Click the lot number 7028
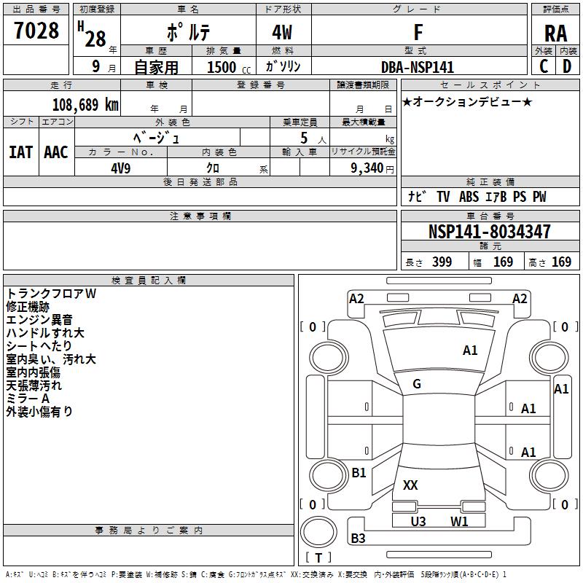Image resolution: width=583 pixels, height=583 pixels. click(x=36, y=30)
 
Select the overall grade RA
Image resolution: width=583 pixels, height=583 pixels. click(x=555, y=34)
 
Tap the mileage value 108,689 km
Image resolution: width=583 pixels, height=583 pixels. click(x=85, y=105)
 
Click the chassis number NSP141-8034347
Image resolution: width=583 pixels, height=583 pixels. click(x=489, y=231)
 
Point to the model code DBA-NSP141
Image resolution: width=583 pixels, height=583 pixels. click(x=418, y=67)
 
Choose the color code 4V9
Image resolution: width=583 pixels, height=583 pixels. click(x=121, y=168)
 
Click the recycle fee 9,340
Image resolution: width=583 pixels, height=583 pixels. click(x=367, y=168)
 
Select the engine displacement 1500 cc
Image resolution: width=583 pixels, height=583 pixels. click(x=229, y=67)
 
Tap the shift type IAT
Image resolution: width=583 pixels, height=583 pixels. click(x=20, y=152)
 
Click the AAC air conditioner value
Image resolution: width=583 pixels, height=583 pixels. click(x=56, y=152)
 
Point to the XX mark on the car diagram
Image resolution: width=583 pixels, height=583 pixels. click(x=410, y=485)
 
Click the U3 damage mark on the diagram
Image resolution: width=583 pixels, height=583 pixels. click(x=418, y=521)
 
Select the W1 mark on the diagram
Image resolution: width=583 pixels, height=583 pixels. click(x=459, y=521)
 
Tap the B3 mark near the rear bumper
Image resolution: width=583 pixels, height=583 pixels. click(x=358, y=538)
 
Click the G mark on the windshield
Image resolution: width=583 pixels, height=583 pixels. click(x=417, y=384)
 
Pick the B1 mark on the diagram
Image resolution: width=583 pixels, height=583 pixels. click(x=359, y=472)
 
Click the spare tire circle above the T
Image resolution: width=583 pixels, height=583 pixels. click(x=318, y=532)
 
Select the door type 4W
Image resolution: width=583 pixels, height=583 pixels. click(x=282, y=32)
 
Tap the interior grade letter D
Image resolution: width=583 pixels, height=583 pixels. click(x=567, y=66)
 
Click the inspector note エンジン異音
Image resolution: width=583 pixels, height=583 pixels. click(x=39, y=320)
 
